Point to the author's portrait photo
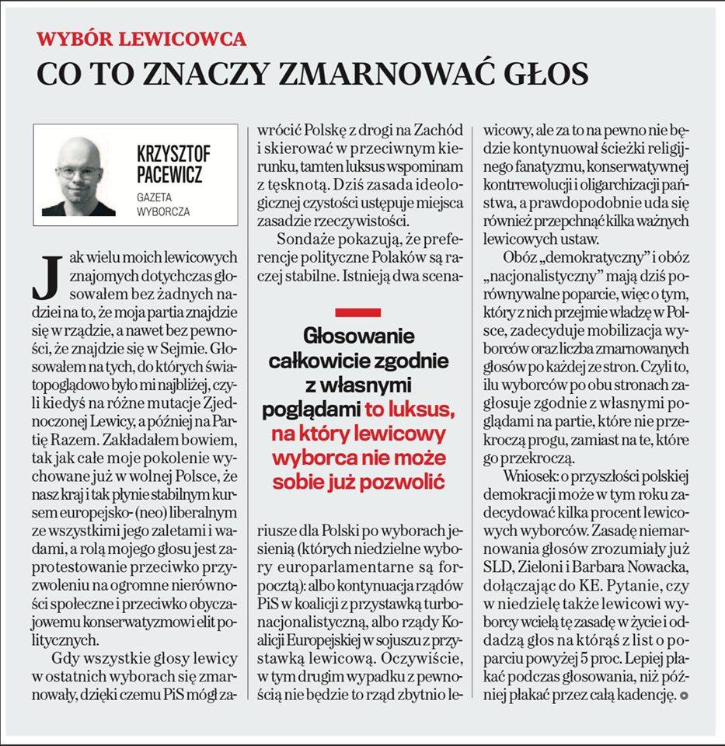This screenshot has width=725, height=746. [x=80, y=176]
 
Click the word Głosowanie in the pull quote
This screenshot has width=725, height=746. [x=357, y=337]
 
